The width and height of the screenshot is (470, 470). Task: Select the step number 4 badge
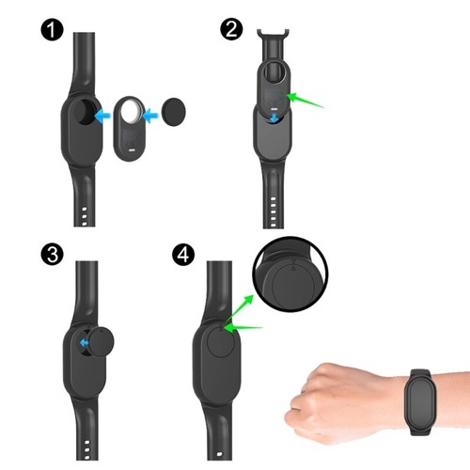pos(186,255)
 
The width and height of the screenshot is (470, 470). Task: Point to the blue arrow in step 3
pos(85,343)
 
